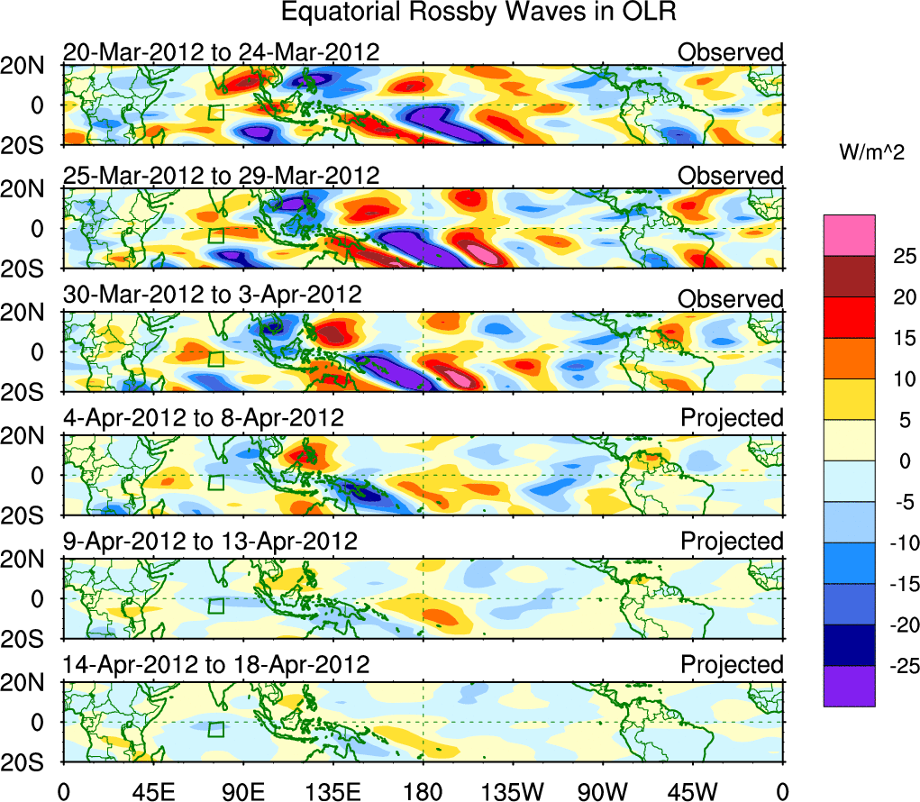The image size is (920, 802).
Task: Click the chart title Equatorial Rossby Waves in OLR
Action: point(478,13)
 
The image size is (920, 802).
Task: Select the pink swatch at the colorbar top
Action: point(848,235)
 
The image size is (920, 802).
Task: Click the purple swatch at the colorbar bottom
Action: point(848,686)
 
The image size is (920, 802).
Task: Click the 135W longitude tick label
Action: point(512,790)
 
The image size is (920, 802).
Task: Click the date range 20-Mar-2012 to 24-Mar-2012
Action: point(221,52)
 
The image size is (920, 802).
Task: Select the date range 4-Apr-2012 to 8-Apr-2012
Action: point(203,418)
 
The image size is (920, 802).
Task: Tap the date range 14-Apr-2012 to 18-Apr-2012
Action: point(216,665)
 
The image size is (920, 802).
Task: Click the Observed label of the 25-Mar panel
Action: point(731,176)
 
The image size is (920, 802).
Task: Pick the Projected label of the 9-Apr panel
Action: point(732,542)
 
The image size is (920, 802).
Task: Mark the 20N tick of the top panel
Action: point(31,65)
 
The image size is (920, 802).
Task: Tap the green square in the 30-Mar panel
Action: point(215,359)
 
